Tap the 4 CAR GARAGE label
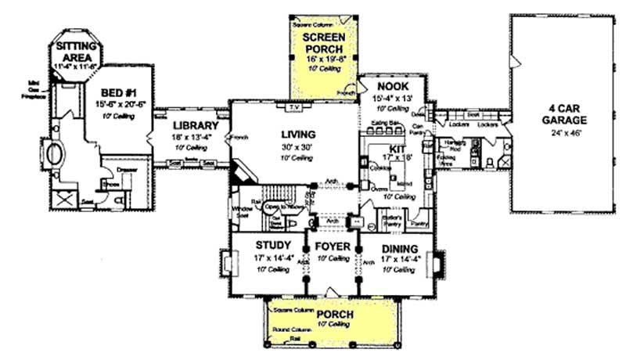pos(551,116)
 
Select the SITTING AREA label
pos(73,51)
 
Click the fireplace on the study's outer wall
pos(223,262)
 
